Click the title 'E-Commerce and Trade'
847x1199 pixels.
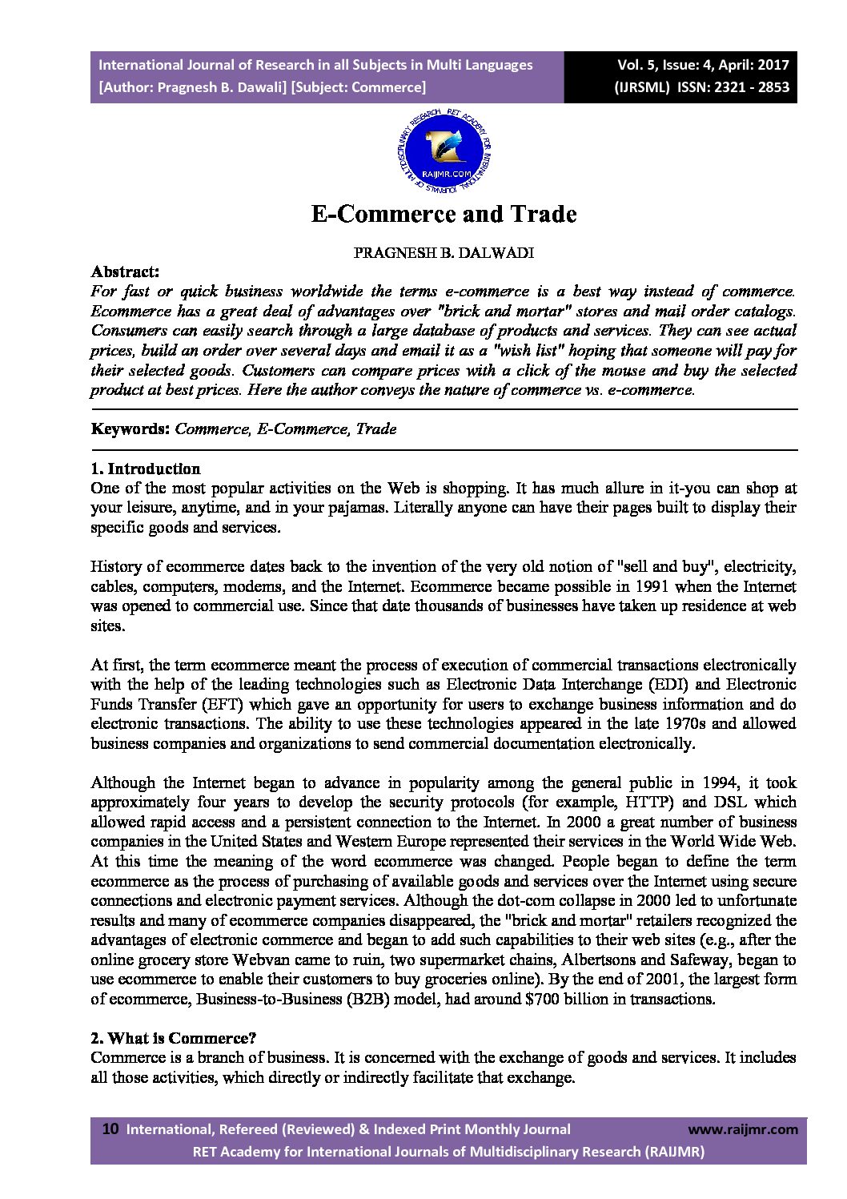pos(443,215)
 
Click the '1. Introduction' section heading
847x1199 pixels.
pos(146,469)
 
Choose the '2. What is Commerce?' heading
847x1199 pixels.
pos(174,1038)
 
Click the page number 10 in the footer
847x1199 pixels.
pos(110,1129)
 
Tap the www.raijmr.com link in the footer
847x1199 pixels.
pos(743,1129)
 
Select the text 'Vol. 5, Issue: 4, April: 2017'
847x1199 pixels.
pos(703,65)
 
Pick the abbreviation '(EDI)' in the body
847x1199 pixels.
pos(680,685)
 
